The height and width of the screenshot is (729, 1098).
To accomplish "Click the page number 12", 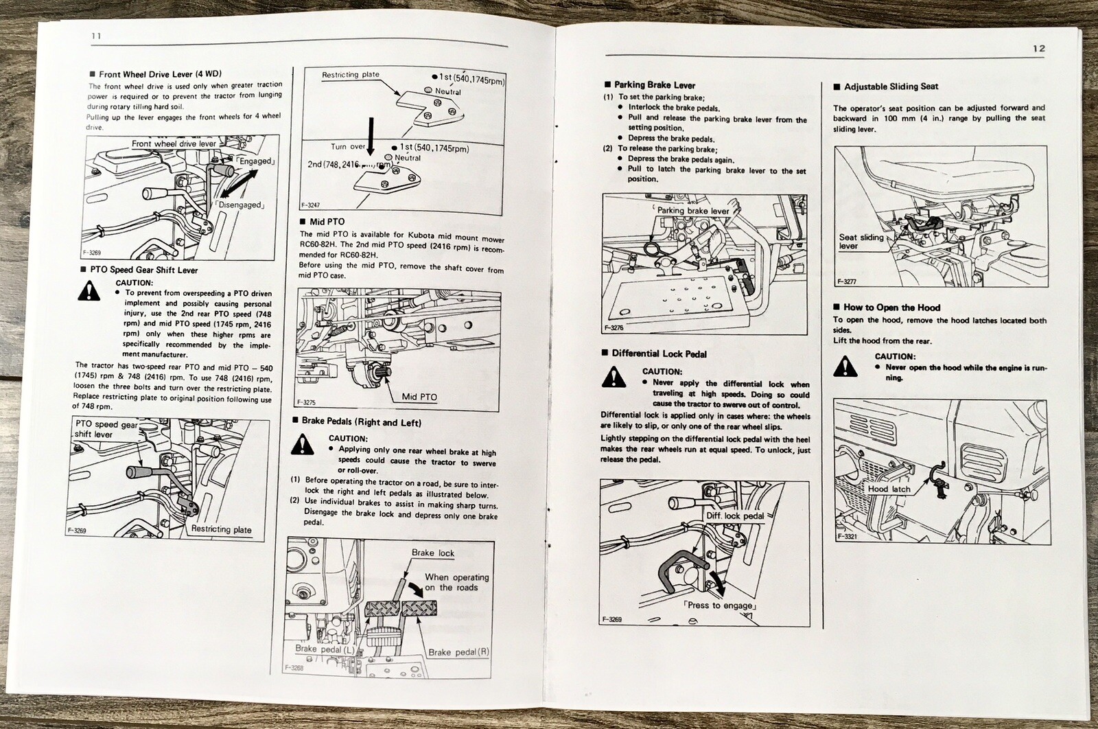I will (1038, 48).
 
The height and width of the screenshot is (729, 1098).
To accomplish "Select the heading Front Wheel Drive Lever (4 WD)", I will (160, 74).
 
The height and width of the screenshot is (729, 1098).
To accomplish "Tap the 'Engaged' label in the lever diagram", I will (255, 161).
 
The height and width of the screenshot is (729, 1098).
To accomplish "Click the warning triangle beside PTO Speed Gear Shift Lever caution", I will (89, 292).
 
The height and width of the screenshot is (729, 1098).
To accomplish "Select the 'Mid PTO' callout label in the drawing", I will (419, 397).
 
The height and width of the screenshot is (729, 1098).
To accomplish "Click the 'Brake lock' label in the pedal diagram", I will (433, 553).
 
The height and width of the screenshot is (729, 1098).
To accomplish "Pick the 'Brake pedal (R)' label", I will (458, 652).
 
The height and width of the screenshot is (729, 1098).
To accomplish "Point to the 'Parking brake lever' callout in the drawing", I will (693, 211).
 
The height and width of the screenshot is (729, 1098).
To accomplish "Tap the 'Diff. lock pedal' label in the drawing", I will (735, 516).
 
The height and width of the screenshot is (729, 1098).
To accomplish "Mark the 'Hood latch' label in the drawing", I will (889, 489).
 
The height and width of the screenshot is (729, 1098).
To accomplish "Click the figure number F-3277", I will (847, 281).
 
